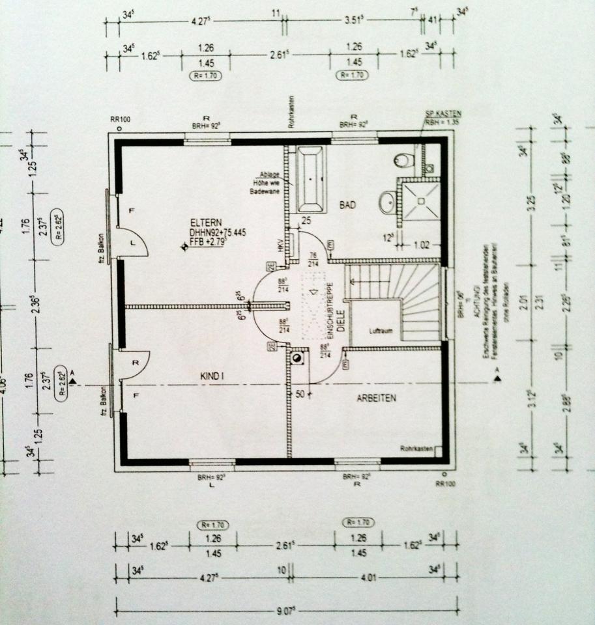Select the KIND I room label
point(213,376)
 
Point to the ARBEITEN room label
point(376,397)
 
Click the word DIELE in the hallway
point(339,321)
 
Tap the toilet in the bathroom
point(403,159)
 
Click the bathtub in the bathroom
point(310,179)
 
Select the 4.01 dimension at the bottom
point(373,572)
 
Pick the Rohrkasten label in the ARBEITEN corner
point(415,448)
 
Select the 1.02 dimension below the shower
point(422,245)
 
